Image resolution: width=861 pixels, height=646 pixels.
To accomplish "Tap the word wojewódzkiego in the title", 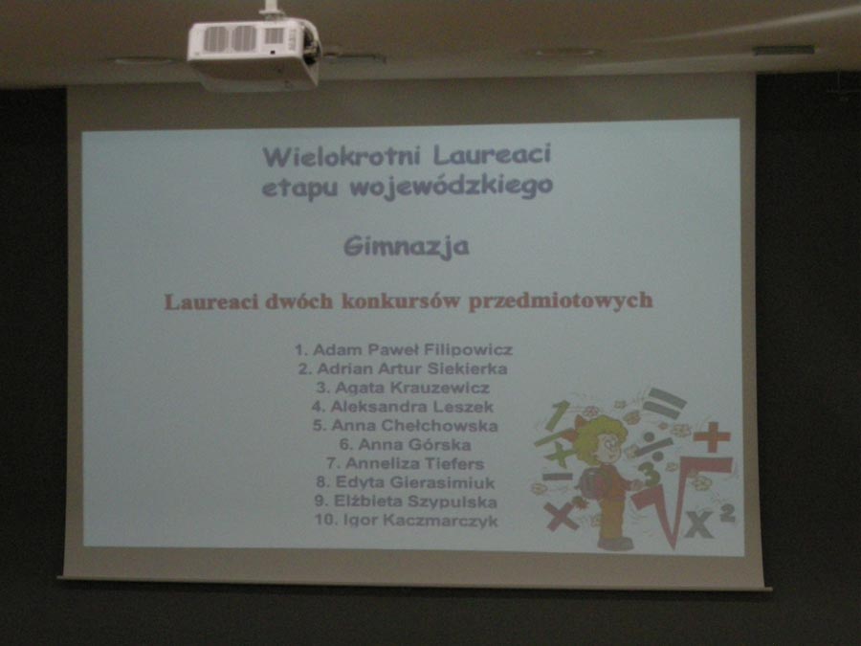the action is [451, 188].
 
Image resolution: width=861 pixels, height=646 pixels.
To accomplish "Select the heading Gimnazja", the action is [407, 247].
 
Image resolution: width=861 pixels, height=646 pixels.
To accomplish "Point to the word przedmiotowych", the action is [561, 301].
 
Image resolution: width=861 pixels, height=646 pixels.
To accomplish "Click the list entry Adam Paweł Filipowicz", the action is [412, 349].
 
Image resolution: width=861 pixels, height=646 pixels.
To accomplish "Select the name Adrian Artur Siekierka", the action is [411, 368].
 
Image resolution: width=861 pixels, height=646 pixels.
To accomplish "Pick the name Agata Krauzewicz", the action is [411, 388].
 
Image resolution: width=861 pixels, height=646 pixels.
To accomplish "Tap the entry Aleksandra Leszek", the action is [411, 407].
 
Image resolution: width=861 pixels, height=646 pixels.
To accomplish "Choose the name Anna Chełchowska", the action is [414, 426].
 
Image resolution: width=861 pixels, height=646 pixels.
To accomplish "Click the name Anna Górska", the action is [414, 444].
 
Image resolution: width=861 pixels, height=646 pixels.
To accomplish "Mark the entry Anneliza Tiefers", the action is [414, 463].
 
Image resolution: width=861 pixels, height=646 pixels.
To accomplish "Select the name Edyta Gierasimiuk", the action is [415, 482].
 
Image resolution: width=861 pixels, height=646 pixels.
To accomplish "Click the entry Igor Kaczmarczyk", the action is [421, 521].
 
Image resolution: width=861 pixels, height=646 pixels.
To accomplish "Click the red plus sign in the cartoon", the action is [712, 436].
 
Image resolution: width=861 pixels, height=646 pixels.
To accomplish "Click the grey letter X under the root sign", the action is [698, 524].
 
